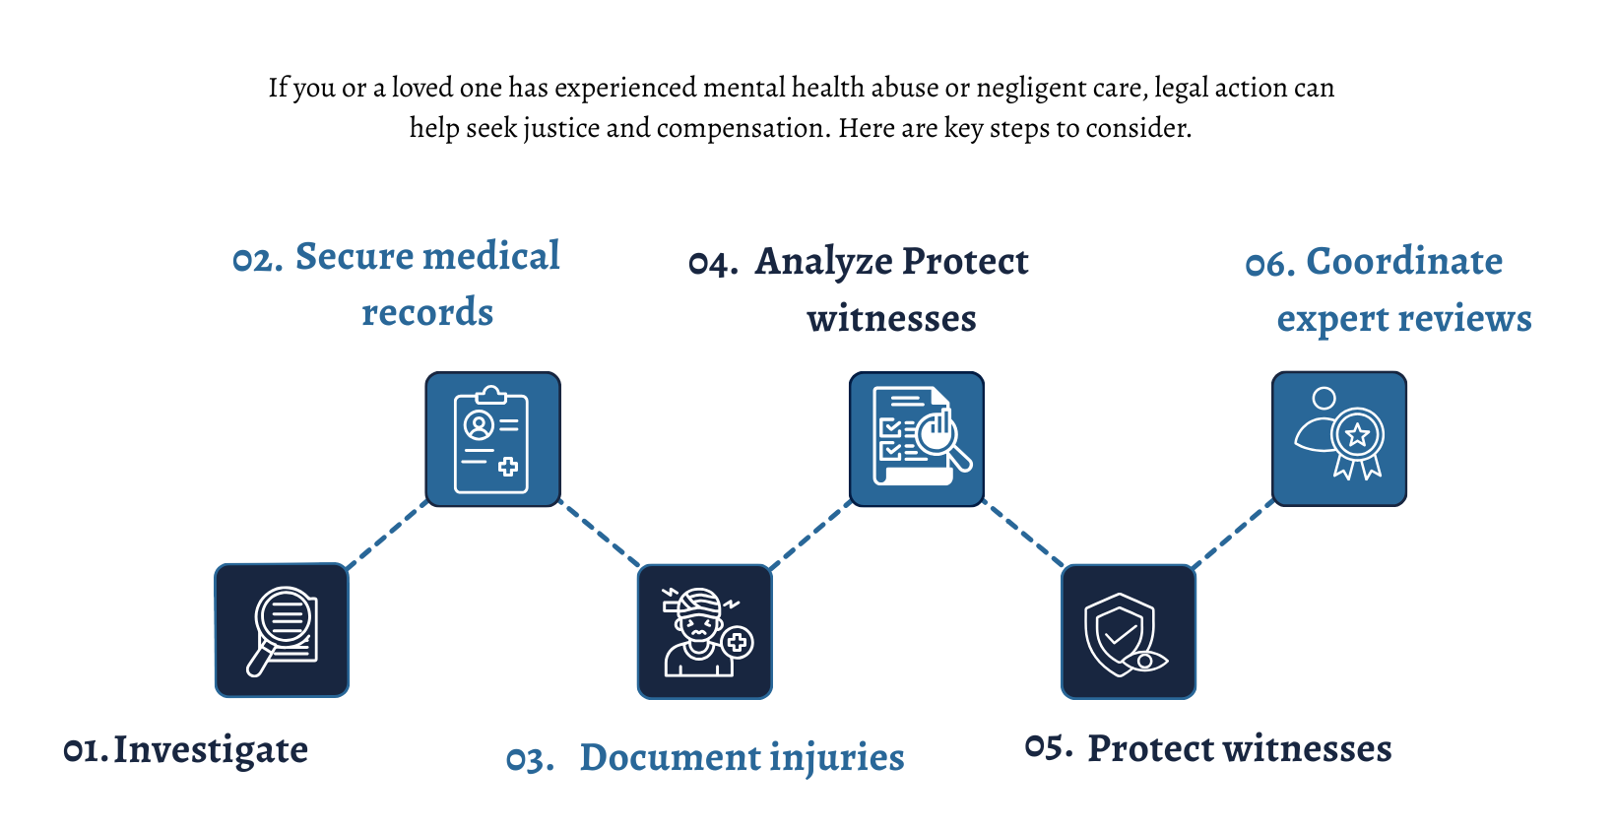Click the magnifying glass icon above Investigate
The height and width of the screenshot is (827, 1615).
click(x=282, y=630)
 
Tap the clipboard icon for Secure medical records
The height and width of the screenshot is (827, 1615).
click(x=492, y=439)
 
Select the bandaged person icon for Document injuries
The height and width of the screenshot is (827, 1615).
click(x=705, y=632)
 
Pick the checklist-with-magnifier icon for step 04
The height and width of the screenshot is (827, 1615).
click(x=917, y=439)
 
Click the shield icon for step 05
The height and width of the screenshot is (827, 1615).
click(x=1129, y=632)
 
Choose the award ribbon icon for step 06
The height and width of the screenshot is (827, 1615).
click(x=1339, y=439)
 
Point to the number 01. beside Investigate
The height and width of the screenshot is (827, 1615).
click(x=85, y=751)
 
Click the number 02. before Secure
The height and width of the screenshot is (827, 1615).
click(x=257, y=260)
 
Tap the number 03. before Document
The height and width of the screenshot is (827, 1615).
click(x=530, y=760)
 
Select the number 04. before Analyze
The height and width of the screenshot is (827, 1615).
click(x=713, y=264)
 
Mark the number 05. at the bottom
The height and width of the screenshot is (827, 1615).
click(x=1049, y=748)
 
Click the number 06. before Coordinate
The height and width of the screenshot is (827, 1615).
click(x=1270, y=264)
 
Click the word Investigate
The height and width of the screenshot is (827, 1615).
click(x=211, y=751)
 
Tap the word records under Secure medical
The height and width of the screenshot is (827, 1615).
click(x=427, y=313)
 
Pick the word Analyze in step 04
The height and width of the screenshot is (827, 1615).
click(x=823, y=263)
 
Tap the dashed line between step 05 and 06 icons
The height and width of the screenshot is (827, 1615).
click(x=1234, y=536)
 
